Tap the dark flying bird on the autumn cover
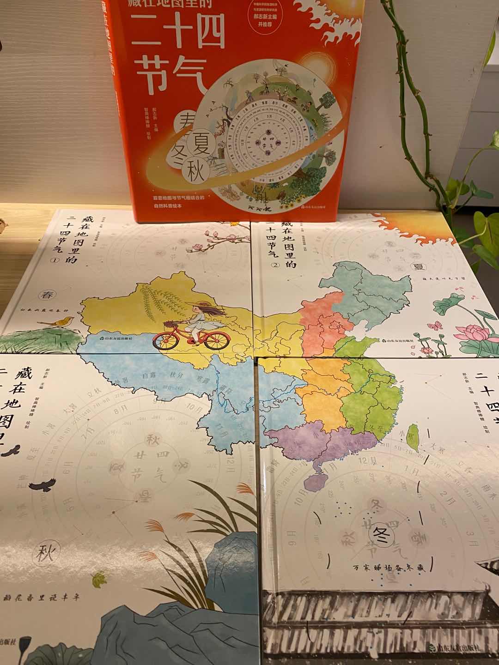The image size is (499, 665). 43,485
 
